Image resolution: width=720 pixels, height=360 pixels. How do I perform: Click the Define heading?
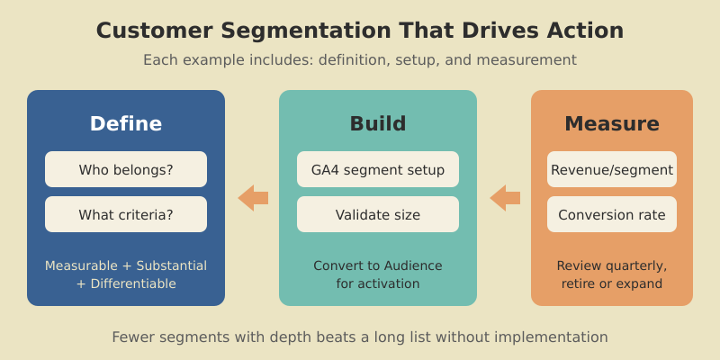click(x=126, y=123)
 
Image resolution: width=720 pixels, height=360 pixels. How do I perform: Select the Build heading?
click(x=378, y=123)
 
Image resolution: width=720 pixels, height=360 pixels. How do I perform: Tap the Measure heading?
click(x=612, y=123)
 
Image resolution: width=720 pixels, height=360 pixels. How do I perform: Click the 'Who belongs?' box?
click(x=126, y=169)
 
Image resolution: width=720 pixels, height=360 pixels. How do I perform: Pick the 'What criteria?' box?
click(x=126, y=214)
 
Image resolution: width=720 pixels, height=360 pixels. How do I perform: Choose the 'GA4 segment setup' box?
click(x=378, y=169)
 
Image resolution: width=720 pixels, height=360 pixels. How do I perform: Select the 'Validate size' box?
click(x=378, y=214)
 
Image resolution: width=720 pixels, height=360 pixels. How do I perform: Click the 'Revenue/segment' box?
click(x=612, y=169)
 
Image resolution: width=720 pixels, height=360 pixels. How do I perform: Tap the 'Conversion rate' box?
click(x=612, y=214)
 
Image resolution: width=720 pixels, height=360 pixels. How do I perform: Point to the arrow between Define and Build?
click(x=252, y=198)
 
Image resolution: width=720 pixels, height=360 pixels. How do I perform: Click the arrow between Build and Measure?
click(x=504, y=198)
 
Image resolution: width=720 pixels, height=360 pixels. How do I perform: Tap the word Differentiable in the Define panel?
click(x=133, y=283)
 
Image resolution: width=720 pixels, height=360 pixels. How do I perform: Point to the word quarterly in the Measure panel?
click(x=635, y=265)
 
